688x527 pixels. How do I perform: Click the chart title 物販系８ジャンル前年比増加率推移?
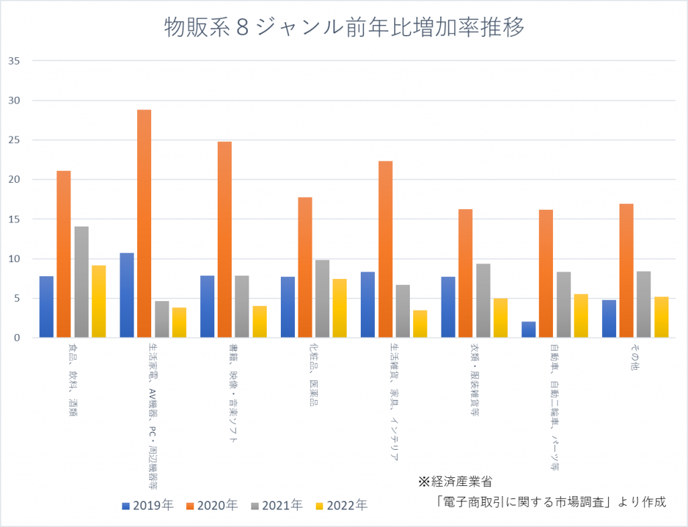tap(344, 28)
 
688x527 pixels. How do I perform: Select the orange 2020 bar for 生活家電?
tap(144, 223)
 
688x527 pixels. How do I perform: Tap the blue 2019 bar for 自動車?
tap(529, 329)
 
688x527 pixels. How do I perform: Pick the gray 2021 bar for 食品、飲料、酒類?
tap(81, 282)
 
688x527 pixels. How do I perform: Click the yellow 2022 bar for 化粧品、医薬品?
tap(339, 308)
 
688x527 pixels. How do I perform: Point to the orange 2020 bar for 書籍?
tap(224, 239)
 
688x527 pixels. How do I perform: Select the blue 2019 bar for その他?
tap(609, 319)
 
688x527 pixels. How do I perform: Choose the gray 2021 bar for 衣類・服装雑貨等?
tap(483, 300)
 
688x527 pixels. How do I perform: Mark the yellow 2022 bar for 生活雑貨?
tap(420, 323)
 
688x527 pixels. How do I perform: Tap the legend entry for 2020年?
tap(213, 505)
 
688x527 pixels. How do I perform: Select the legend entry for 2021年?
tap(278, 505)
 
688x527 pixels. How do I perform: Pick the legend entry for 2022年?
tap(343, 505)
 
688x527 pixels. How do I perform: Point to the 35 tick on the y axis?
tap(14, 61)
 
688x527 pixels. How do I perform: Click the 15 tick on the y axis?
tap(14, 219)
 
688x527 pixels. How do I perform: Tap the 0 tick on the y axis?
tap(17, 337)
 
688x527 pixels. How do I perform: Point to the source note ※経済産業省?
tap(455, 481)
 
